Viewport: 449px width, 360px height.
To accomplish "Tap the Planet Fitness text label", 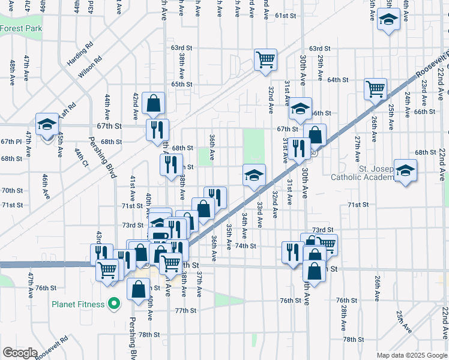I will pos(78,304).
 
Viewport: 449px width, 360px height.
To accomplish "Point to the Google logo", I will pos(20,353).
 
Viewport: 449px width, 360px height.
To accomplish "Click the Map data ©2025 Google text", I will pos(412,355).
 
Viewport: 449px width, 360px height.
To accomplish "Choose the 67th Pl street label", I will pos(11,142).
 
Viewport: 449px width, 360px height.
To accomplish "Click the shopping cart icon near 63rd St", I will pos(265,59).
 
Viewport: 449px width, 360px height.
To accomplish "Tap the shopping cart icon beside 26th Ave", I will pos(375,89).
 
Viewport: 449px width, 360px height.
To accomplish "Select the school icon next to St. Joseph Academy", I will pos(405,170).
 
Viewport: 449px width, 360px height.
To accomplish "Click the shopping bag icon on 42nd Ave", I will pos(154,103).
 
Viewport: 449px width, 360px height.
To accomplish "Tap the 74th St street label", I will pos(246,246).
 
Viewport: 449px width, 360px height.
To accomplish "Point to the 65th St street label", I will pos(181,85).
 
